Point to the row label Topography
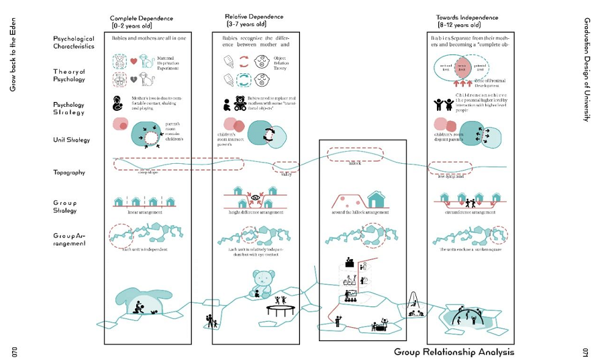(x=70, y=173)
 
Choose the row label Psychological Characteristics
(x=73, y=42)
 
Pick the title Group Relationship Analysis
(x=454, y=351)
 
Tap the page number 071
(x=586, y=351)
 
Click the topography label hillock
(x=354, y=163)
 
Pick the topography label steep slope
(x=148, y=173)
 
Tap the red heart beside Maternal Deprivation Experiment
(x=134, y=62)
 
